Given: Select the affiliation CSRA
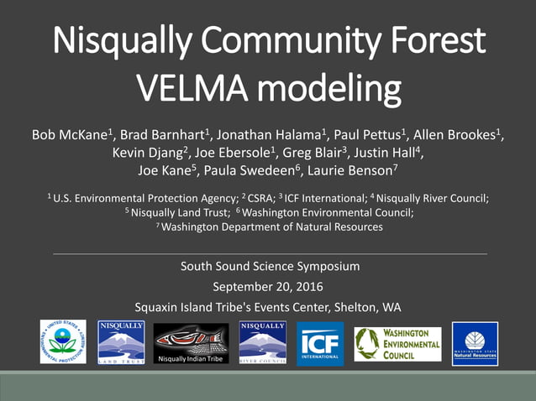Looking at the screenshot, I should click(255, 199).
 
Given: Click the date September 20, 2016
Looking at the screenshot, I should click(269, 287).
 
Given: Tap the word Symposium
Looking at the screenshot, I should click(328, 268).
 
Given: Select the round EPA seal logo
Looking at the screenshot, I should click(64, 342).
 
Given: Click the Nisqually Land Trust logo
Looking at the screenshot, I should click(121, 342).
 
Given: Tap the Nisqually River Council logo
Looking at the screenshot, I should click(262, 342).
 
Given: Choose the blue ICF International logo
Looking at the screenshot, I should click(320, 343).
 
